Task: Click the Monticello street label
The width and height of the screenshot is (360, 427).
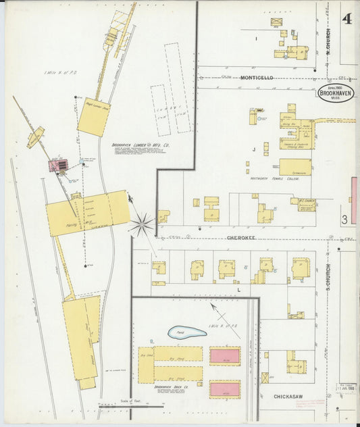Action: [x=257, y=78]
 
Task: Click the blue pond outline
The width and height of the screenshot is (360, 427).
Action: [x=186, y=332]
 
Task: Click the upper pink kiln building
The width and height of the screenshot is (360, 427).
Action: [x=225, y=355]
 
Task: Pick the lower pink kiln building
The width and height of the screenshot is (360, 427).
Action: [x=225, y=388]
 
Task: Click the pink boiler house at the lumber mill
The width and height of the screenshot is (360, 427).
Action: [x=58, y=164]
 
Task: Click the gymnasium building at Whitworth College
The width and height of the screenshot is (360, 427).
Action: [x=295, y=166]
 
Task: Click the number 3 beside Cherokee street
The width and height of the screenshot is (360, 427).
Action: [x=344, y=219]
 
